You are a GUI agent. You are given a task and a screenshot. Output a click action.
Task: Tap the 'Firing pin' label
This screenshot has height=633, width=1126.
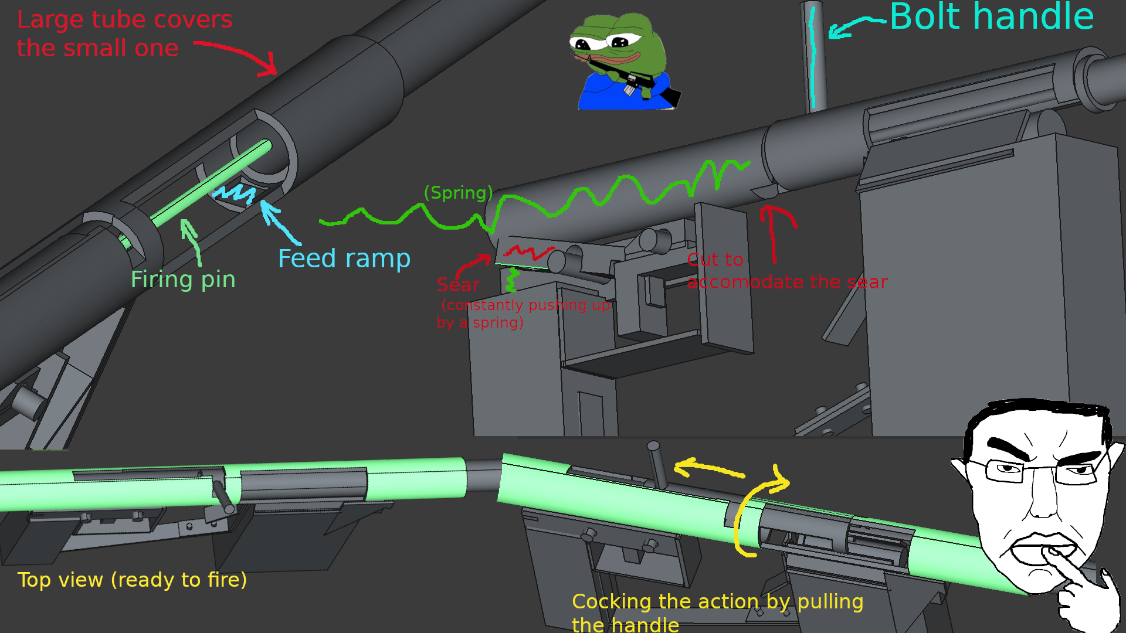(x=183, y=280)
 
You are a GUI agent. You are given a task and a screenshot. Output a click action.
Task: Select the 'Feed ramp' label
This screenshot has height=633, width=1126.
(x=344, y=258)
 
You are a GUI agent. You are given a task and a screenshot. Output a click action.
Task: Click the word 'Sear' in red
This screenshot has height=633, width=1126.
(x=458, y=285)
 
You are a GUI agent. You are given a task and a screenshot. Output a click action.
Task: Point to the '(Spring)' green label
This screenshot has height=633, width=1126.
(x=458, y=193)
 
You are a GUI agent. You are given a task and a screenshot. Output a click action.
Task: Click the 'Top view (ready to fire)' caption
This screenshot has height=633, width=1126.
(x=132, y=580)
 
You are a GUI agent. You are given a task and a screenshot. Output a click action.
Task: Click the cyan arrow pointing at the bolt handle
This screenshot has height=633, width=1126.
(x=856, y=27)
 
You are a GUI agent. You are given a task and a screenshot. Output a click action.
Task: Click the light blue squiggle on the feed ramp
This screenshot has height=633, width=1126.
(x=235, y=193)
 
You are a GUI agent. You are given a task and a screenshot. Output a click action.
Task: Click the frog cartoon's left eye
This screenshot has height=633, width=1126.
(x=582, y=43)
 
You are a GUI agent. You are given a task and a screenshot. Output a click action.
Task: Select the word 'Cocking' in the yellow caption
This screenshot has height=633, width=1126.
(x=612, y=602)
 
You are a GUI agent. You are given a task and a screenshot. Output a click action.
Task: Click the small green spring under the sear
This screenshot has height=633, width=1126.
(x=512, y=280)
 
